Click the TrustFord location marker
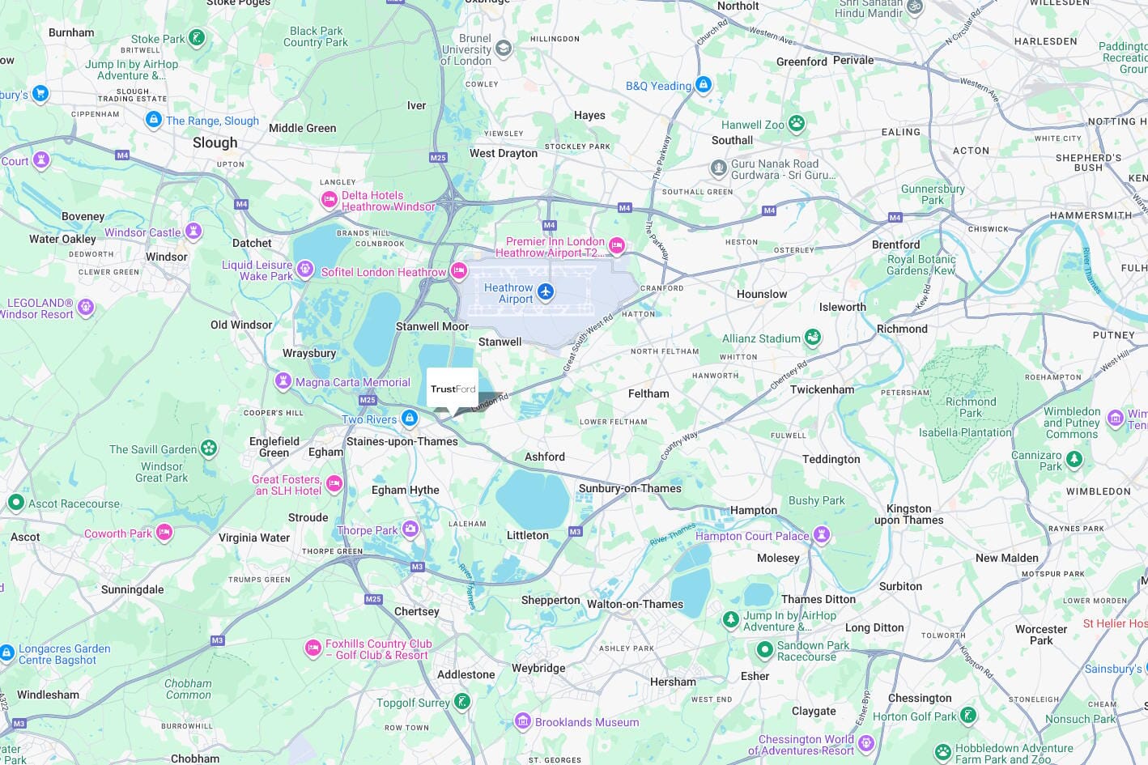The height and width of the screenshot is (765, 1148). [x=453, y=389]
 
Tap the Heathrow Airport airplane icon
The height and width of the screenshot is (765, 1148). [x=546, y=291]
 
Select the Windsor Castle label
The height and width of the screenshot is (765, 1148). [x=142, y=232]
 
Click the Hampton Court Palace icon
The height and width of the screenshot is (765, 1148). [x=822, y=534]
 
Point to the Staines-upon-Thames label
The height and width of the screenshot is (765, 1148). [x=402, y=441]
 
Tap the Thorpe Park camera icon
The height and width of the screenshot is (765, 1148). [x=410, y=529]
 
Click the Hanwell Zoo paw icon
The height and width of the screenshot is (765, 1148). [x=797, y=124]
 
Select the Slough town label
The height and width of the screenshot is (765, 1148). [x=215, y=142]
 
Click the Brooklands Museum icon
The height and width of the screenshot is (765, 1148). [x=523, y=721]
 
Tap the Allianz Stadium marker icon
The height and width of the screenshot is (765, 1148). [x=813, y=337]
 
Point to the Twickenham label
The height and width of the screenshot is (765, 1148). [x=822, y=389]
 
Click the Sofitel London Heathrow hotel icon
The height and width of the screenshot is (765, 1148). [x=459, y=271]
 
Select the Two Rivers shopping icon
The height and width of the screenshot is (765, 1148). [x=410, y=419]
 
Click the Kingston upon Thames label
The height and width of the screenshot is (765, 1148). [x=908, y=514]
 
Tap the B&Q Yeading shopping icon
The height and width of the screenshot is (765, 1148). [x=704, y=84]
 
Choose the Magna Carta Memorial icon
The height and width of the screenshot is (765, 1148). [x=283, y=380]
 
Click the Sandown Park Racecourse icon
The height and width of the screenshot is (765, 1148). [x=765, y=649]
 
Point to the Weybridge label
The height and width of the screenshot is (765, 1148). [x=538, y=668]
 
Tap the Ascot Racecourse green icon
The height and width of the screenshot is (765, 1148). [x=15, y=503]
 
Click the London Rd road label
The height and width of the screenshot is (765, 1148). [x=490, y=402]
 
